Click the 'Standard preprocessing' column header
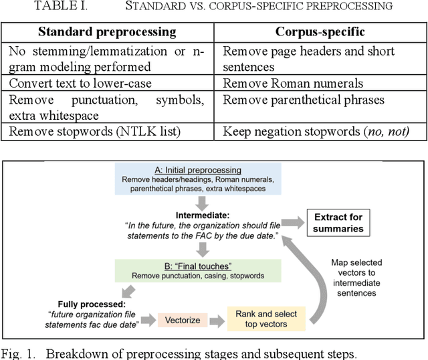[107, 31]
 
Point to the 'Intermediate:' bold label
[203, 215]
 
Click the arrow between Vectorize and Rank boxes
[215, 321]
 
